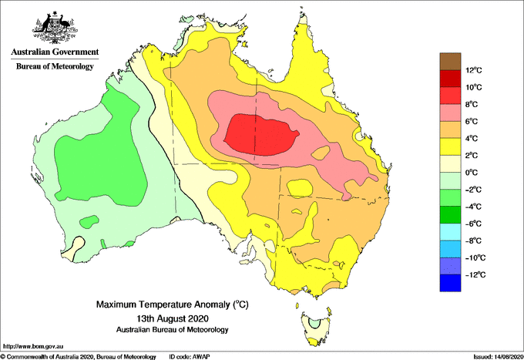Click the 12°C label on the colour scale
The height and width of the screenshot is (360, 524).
tap(474, 70)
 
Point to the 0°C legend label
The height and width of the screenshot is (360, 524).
tap(472, 173)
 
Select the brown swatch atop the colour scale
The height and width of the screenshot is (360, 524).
tap(450, 62)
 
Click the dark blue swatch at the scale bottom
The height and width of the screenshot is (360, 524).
tap(450, 283)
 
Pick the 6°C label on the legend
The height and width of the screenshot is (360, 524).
tap(472, 121)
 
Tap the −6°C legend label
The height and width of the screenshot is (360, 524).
tap(473, 224)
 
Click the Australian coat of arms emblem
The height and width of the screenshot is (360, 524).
tap(55, 27)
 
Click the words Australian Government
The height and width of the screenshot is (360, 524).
tap(55, 52)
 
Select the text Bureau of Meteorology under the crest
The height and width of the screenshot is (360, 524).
tap(55, 66)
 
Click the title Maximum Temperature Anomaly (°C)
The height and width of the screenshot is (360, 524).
tap(173, 304)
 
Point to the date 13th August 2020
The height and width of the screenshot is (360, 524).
tap(173, 318)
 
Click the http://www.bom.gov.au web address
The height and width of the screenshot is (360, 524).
tap(32, 346)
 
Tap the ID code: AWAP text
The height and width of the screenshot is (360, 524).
tap(189, 357)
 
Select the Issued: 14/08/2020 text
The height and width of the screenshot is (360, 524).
tap(498, 357)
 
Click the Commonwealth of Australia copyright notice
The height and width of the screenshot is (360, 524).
tap(78, 357)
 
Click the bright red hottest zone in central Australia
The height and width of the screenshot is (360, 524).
tap(261, 134)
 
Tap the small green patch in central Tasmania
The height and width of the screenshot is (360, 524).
tap(314, 323)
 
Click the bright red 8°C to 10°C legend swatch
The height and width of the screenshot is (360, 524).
tap(450, 96)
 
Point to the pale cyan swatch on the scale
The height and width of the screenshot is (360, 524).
tap(450, 232)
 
